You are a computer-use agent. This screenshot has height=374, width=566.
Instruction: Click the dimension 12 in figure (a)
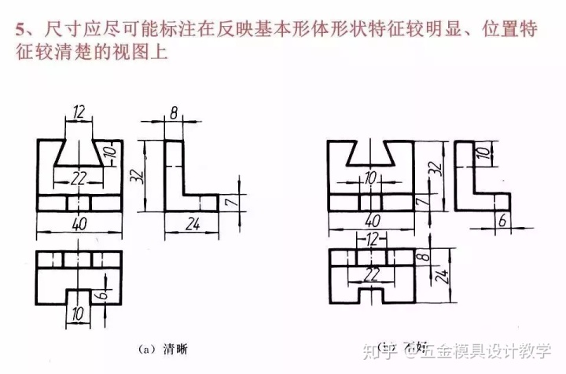(77, 112)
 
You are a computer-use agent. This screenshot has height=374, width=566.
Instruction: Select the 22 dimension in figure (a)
(77, 178)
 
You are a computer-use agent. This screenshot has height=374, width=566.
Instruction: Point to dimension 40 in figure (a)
(77, 224)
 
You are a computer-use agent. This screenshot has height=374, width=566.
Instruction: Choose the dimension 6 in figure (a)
(104, 297)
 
